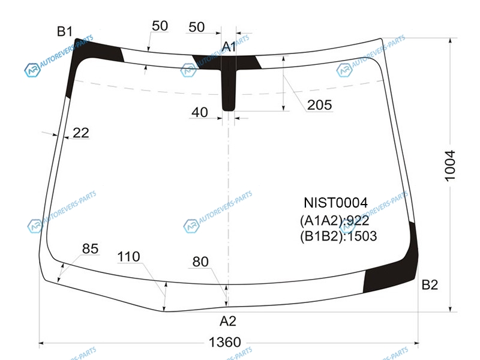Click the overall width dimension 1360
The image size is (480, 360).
224,342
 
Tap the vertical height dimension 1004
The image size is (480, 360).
450,166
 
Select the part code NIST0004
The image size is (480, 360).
335,203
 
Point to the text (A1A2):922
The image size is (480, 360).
335,220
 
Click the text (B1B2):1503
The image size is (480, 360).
338,236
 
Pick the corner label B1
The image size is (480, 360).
65,31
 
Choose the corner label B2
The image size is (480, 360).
430,284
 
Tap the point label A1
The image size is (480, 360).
229,47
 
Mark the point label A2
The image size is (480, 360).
228,321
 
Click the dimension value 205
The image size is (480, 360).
320,105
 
